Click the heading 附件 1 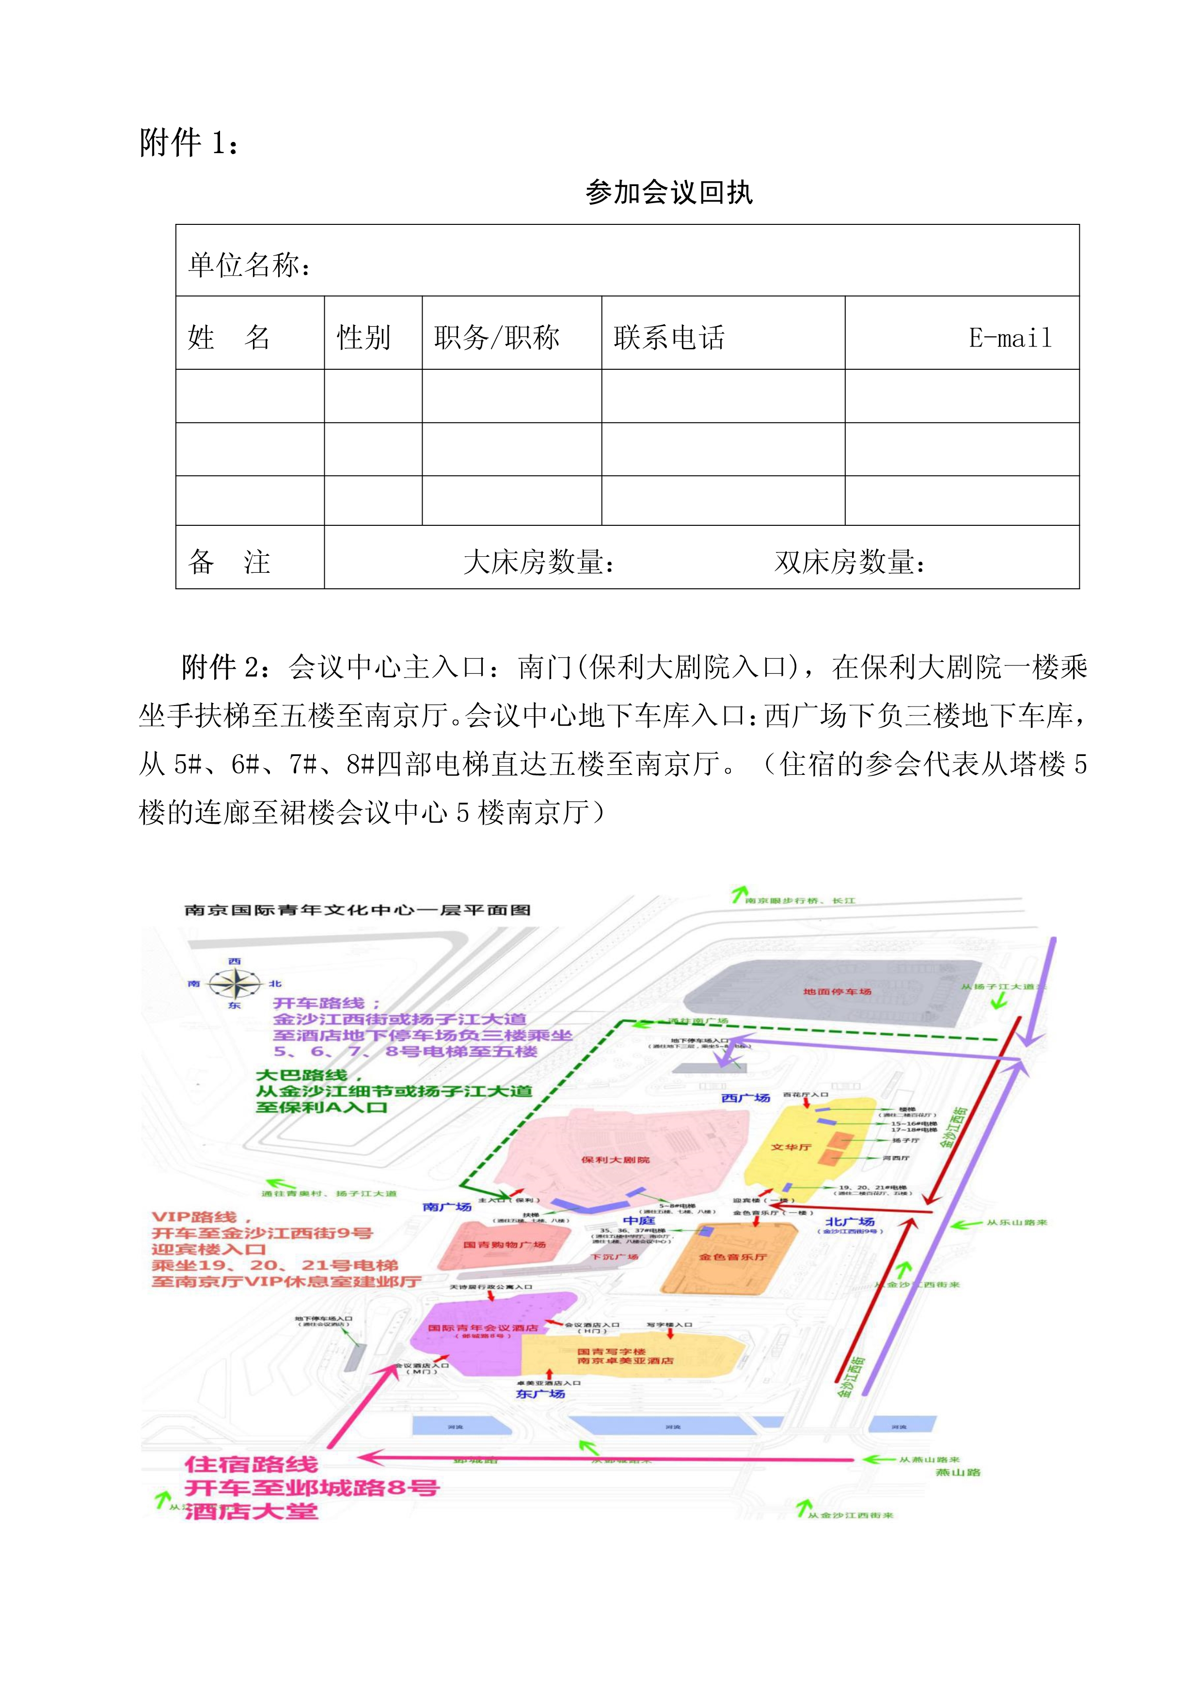(189, 142)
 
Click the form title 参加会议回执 (669, 192)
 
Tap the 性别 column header (364, 338)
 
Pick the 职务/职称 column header (497, 338)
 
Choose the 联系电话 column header (669, 338)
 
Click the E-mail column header (1010, 338)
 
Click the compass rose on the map (235, 983)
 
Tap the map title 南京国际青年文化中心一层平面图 (358, 910)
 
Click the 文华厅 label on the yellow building (791, 1147)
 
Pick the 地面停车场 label (837, 992)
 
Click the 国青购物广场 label (505, 1244)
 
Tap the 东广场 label (540, 1393)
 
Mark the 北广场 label (850, 1222)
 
